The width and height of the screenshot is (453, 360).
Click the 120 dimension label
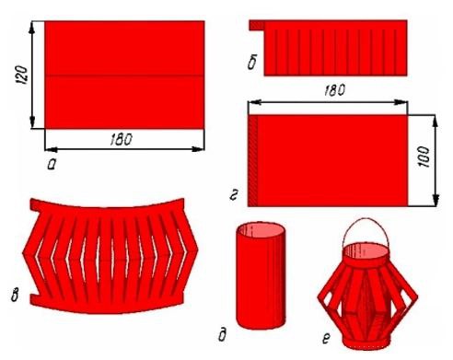[x=22, y=75]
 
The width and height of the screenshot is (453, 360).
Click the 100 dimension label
[x=424, y=157]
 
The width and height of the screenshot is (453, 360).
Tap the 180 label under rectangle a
[x=121, y=139]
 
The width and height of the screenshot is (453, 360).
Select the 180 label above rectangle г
[x=334, y=90]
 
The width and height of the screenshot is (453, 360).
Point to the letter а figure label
[x=52, y=165]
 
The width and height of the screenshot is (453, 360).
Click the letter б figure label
[x=252, y=64]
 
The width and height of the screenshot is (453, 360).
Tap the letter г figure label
[x=234, y=195]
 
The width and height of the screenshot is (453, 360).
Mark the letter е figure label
[x=326, y=339]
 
